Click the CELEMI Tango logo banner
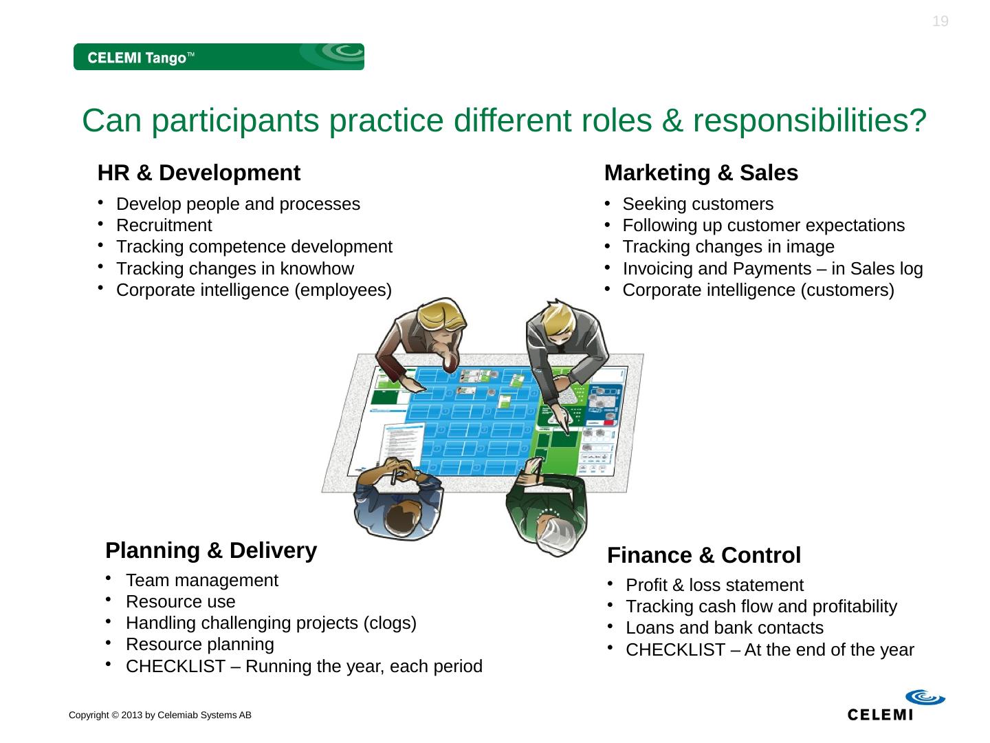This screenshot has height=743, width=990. (219, 57)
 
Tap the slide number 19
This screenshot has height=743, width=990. (940, 21)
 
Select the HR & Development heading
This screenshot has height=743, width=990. (199, 173)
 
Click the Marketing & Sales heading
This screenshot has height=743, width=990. (701, 173)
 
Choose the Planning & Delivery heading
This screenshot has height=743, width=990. (211, 550)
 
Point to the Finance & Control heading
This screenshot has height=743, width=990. (704, 554)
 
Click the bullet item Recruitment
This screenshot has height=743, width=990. (164, 225)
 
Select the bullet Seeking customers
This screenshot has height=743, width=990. (697, 204)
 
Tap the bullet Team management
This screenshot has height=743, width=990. (202, 580)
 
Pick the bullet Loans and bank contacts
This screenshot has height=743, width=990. (724, 627)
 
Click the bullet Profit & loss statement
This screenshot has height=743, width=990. (714, 585)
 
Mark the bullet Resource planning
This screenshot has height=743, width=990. (199, 644)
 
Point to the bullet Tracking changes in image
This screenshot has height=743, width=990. (728, 246)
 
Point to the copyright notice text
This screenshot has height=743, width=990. (159, 715)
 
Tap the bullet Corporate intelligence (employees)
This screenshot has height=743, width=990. (254, 290)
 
